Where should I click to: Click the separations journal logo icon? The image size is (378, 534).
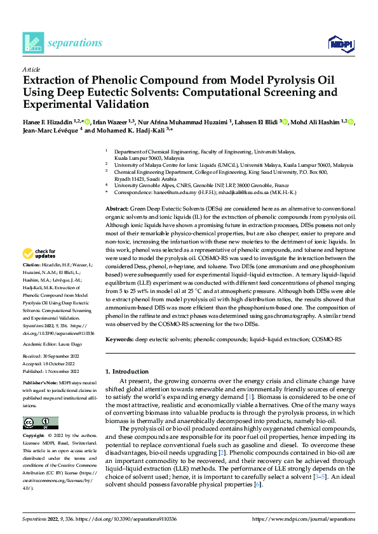[33, 42]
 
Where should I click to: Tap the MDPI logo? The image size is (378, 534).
[337, 43]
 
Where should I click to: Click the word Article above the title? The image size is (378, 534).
[31, 70]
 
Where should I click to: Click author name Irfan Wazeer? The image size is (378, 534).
[110, 122]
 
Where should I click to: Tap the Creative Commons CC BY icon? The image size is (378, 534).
[40, 423]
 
